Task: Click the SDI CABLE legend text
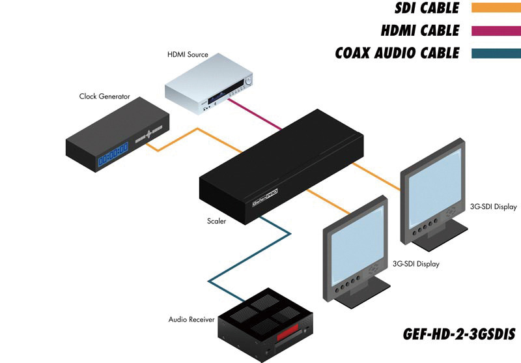pos(427,8)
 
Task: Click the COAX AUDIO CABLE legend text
pos(397,53)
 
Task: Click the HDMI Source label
pos(188,55)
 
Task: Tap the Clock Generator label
pos(104,96)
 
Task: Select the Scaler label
pos(217,222)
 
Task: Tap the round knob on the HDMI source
pos(248,81)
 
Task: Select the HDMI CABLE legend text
pos(420,31)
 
